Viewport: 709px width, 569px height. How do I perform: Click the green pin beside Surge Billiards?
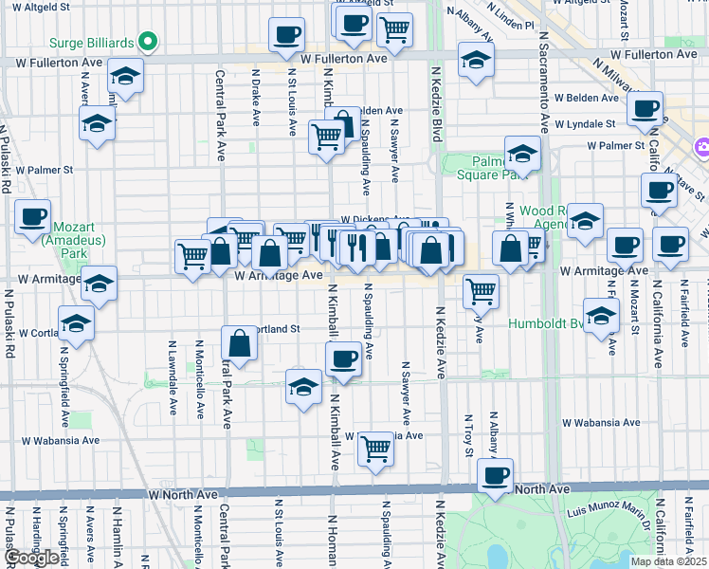pyautogui.click(x=147, y=42)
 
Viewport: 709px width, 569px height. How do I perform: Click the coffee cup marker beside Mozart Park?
pyautogui.click(x=32, y=217)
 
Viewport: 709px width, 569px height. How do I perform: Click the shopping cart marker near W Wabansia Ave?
pyautogui.click(x=376, y=449)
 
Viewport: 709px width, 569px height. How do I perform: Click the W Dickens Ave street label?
pyautogui.click(x=374, y=218)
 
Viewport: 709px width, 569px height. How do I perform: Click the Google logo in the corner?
pyautogui.click(x=30, y=558)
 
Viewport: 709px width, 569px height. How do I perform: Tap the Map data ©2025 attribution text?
pyautogui.click(x=669, y=561)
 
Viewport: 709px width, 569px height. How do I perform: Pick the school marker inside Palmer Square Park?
pyautogui.click(x=522, y=154)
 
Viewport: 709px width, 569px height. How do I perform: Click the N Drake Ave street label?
pyautogui.click(x=256, y=95)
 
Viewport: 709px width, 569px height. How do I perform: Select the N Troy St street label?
pyautogui.click(x=468, y=434)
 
